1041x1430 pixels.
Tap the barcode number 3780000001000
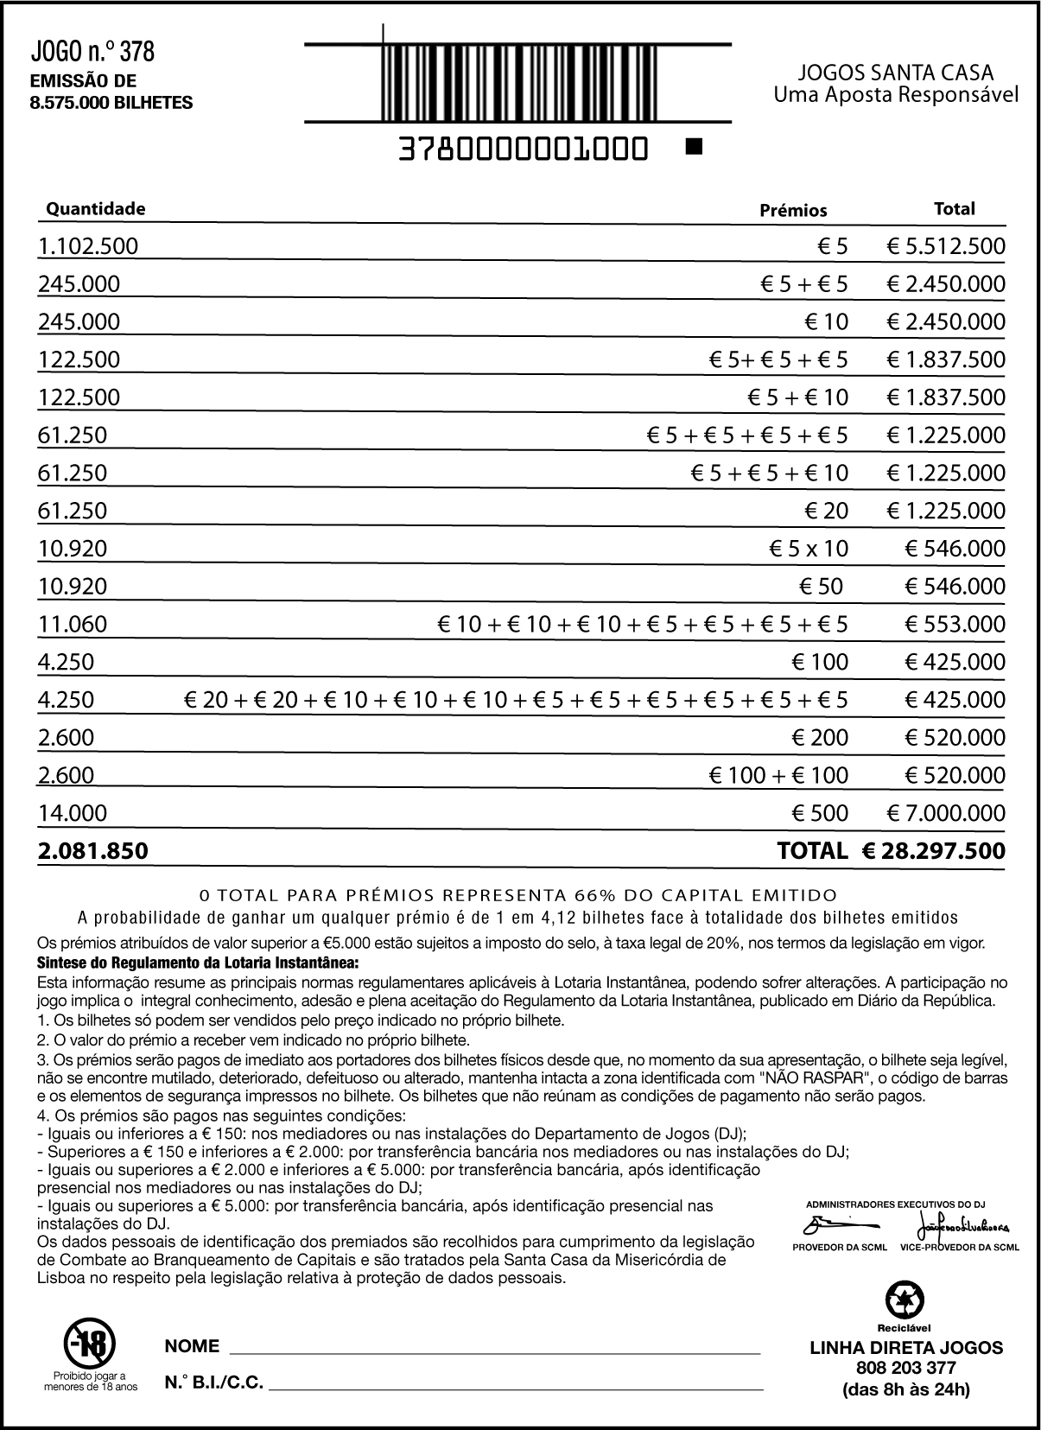(x=524, y=149)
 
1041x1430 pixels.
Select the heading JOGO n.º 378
(x=92, y=52)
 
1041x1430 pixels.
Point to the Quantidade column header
(x=95, y=209)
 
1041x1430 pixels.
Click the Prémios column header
(x=793, y=210)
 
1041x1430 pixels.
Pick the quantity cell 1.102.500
(x=88, y=246)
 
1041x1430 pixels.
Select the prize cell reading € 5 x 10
(x=809, y=549)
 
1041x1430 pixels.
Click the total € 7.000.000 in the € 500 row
(x=946, y=813)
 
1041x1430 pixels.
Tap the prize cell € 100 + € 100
(x=778, y=775)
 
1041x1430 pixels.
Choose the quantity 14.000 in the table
(x=73, y=813)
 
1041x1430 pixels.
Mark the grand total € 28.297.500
(x=933, y=851)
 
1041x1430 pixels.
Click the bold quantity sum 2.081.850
(x=92, y=851)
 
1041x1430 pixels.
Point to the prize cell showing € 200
(x=820, y=738)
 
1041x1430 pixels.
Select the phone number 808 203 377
(x=906, y=1368)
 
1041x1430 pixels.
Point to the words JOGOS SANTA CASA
(x=895, y=73)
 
